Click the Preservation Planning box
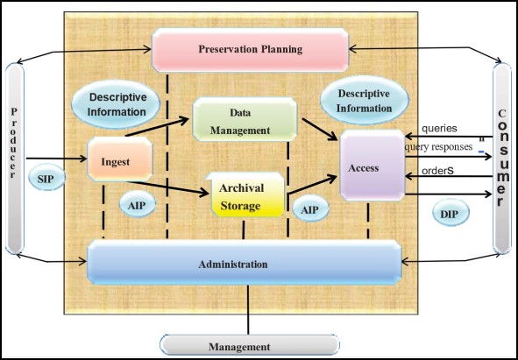(x=249, y=50)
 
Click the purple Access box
(x=370, y=168)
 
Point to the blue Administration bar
(x=245, y=264)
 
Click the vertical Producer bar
(x=15, y=158)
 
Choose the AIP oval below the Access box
(x=309, y=211)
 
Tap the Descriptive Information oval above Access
(x=363, y=102)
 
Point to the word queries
(x=438, y=129)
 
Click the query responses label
(x=438, y=147)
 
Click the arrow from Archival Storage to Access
(x=312, y=186)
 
